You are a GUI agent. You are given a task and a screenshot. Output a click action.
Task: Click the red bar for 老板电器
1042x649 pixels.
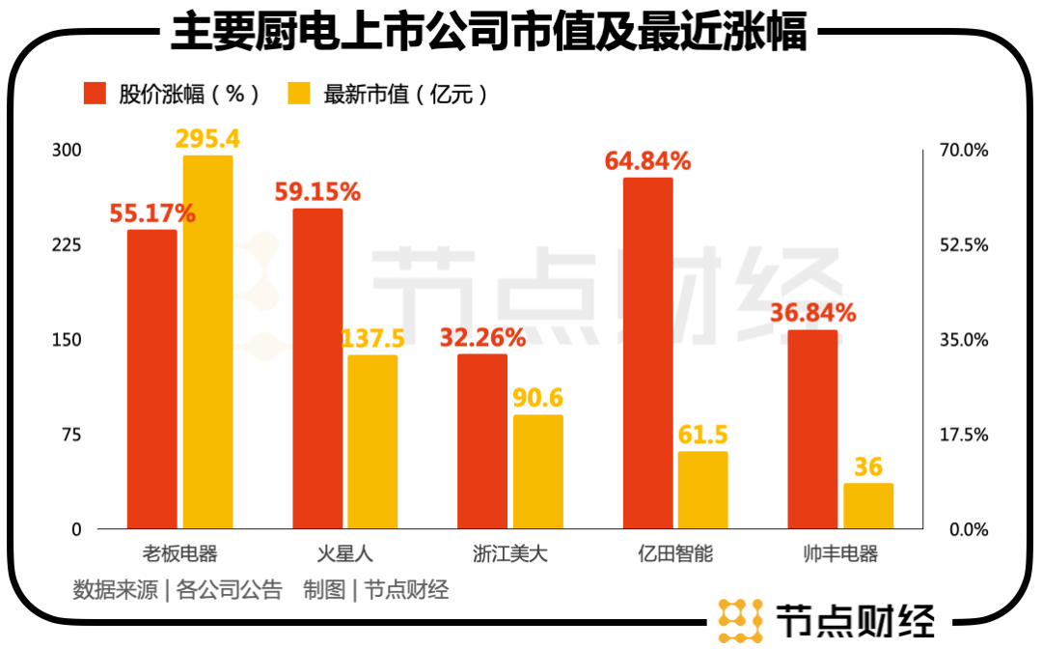[x=152, y=379]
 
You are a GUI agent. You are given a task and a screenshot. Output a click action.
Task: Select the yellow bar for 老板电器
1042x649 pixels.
[x=208, y=342]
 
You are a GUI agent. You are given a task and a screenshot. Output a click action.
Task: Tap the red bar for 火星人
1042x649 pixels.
[x=317, y=368]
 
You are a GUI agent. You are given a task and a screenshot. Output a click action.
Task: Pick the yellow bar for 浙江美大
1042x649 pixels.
[x=537, y=471]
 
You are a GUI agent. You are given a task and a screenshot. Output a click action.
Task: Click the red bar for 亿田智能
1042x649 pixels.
[x=648, y=353]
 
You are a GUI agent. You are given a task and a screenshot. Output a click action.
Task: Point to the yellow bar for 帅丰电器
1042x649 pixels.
[x=868, y=505]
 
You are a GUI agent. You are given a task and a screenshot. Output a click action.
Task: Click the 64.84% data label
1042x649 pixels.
[x=647, y=160]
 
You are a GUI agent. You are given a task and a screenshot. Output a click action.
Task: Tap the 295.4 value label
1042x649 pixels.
[x=207, y=138]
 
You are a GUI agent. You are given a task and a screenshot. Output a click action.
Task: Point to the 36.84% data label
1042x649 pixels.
[x=812, y=313]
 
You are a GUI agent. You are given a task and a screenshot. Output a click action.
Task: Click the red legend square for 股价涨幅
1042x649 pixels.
[x=95, y=94]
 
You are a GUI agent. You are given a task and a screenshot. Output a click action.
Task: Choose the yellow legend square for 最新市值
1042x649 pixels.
[x=300, y=94]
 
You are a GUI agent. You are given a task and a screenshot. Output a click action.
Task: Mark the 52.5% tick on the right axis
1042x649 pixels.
[x=965, y=245]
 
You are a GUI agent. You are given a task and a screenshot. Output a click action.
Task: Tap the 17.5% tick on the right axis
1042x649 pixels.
[x=965, y=435]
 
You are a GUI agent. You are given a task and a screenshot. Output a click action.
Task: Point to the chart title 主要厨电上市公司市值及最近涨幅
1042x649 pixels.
[x=488, y=33]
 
